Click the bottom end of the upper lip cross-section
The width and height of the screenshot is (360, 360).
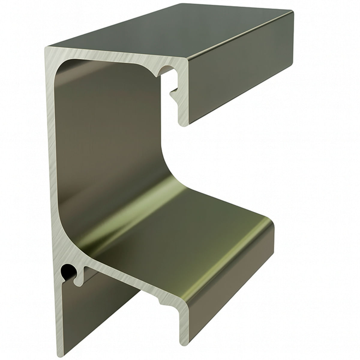[x=184, y=122]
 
